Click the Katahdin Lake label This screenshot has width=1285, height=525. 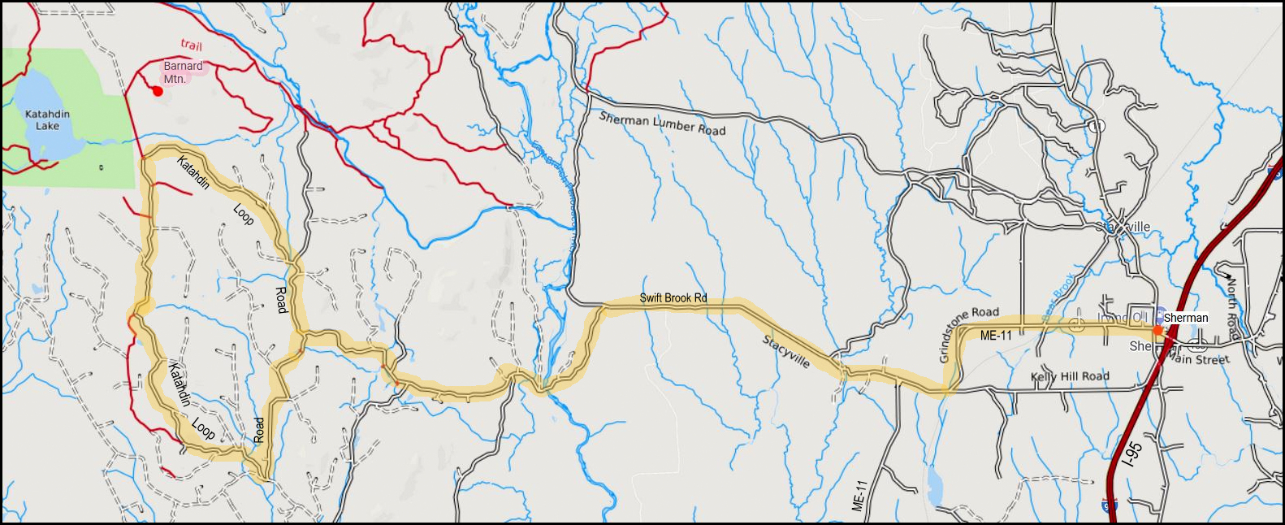(x=47, y=119)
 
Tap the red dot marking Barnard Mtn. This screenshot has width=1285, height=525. (x=158, y=91)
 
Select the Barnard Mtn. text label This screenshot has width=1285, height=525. (x=183, y=72)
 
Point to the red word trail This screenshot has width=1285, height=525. (x=192, y=45)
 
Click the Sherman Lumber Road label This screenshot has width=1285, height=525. (x=662, y=124)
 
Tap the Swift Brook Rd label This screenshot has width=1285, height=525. (x=673, y=298)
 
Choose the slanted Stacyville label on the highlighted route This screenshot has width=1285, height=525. (x=785, y=351)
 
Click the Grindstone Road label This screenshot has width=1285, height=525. (x=968, y=333)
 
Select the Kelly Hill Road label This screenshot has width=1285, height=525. (x=1070, y=376)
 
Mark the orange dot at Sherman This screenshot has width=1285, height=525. (x=1157, y=330)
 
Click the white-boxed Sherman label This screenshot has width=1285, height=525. (x=1186, y=318)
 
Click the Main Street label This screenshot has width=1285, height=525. (x=1201, y=358)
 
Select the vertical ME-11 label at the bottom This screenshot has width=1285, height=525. (x=860, y=495)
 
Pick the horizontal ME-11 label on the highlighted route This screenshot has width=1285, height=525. (x=996, y=336)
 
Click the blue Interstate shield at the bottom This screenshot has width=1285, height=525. (x=1110, y=505)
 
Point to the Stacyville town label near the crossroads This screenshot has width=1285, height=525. (x=1131, y=227)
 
